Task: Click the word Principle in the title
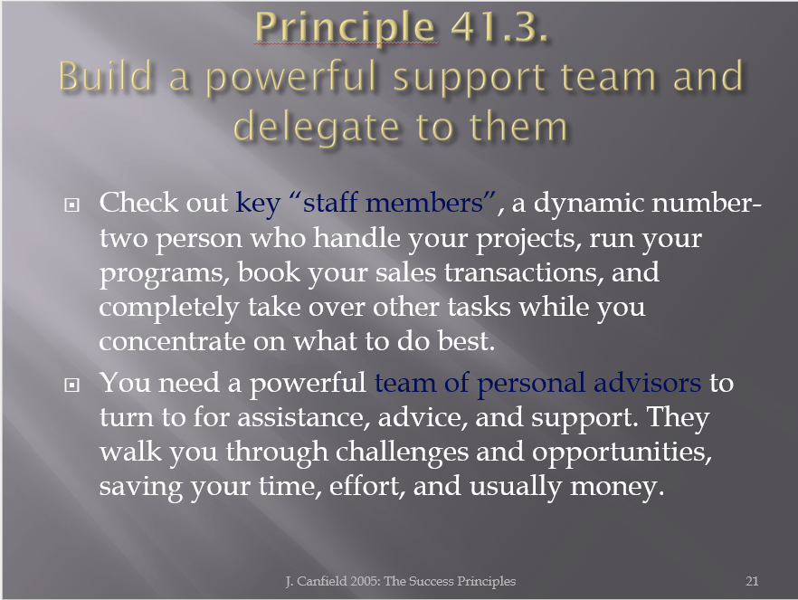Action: (345, 28)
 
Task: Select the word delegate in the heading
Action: (316, 128)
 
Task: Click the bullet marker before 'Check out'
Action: (71, 205)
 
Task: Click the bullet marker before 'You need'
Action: (71, 385)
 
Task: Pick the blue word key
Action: (258, 204)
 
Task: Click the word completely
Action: (169, 308)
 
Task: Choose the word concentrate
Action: (172, 341)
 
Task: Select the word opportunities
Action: (622, 452)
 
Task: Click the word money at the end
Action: (617, 487)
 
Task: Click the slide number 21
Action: (752, 581)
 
